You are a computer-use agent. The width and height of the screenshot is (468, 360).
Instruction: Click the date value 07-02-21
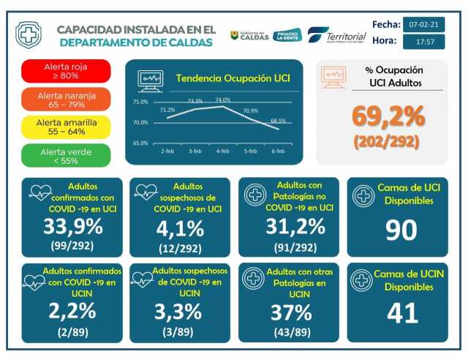click(424, 24)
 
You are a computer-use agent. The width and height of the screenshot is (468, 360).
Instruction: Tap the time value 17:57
click(424, 42)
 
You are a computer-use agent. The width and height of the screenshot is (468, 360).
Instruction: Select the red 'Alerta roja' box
click(67, 71)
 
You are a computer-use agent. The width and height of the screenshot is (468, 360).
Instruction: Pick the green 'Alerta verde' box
click(67, 155)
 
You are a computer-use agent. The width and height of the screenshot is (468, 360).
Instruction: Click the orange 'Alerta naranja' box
click(67, 99)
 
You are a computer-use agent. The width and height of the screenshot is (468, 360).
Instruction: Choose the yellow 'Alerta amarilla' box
click(67, 127)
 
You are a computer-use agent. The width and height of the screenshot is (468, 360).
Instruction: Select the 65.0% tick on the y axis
click(140, 143)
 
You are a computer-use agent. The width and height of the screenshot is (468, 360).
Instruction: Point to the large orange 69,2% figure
click(388, 116)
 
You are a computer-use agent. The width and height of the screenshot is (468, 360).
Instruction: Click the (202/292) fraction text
click(388, 142)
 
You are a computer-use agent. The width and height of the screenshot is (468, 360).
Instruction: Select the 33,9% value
click(72, 228)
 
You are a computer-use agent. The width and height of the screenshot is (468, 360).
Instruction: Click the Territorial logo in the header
click(337, 36)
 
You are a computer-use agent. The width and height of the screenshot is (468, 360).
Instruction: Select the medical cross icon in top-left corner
click(29, 34)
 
